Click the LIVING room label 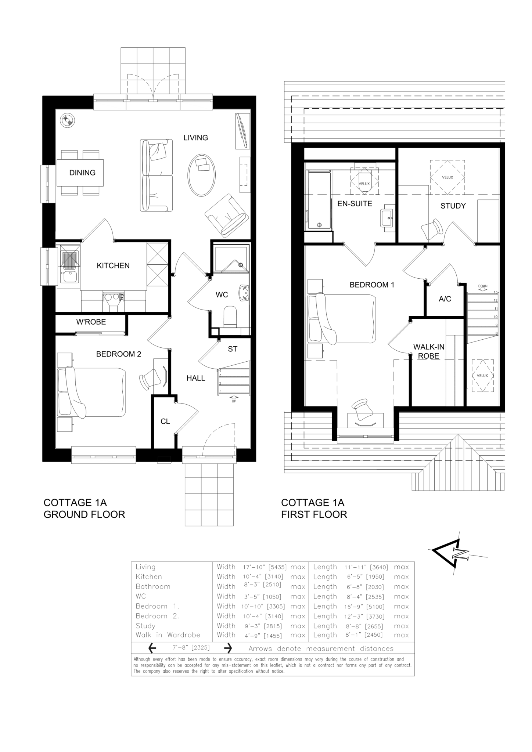click(195, 138)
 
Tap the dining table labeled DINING click(80, 173)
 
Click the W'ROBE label click(91, 322)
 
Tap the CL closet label click(165, 422)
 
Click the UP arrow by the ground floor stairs click(234, 399)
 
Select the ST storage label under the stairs click(233, 349)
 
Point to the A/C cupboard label click(445, 299)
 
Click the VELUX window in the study click(447, 177)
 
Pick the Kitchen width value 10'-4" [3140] click(265, 577)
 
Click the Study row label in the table click(145, 626)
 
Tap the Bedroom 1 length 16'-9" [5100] click(366, 606)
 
